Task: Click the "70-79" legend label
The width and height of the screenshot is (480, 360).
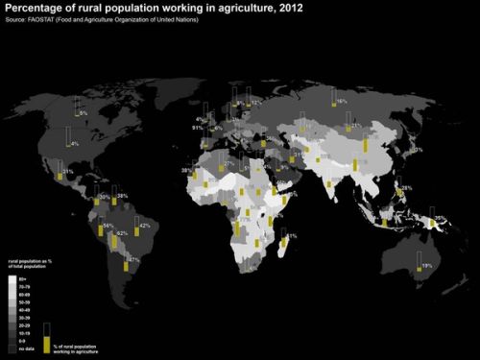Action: [25, 285]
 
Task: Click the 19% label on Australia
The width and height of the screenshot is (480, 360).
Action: [426, 264]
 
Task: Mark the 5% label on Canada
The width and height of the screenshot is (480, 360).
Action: [84, 113]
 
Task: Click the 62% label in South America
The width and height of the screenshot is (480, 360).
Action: [122, 233]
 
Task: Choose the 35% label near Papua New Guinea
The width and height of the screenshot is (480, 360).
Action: [440, 219]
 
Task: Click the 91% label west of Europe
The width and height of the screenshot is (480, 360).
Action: [197, 127]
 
